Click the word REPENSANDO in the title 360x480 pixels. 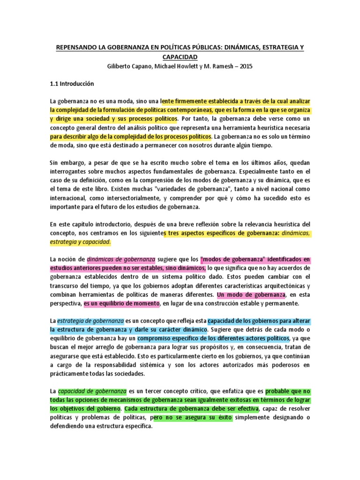pos(77,47)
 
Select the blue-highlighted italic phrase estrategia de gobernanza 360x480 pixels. pos(90,321)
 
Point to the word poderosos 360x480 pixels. pos(293,365)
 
